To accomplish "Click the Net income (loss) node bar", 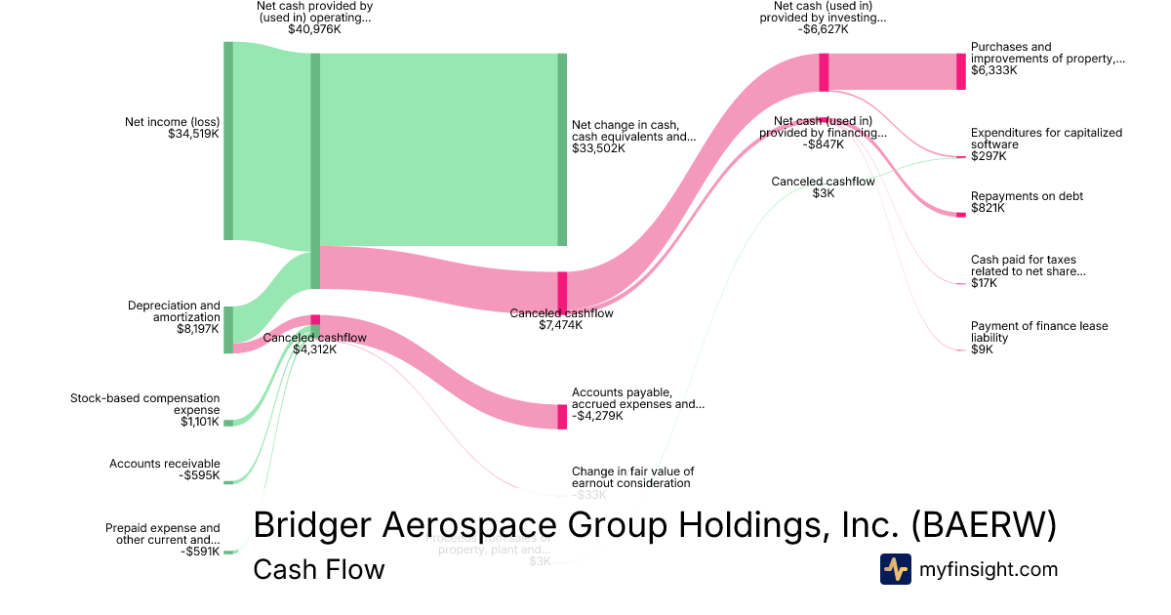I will tap(228, 141).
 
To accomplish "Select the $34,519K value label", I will tap(193, 134).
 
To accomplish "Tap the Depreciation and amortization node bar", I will tap(228, 329).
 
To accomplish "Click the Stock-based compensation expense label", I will tap(144, 404).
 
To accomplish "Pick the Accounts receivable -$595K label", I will tap(165, 470).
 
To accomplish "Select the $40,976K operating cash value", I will tap(314, 29).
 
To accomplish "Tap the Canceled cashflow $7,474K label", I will tap(561, 319).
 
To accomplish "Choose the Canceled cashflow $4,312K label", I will tap(314, 344).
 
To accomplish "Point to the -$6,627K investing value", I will tap(823, 29).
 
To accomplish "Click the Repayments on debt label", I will tap(1027, 196).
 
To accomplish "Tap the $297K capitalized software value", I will tap(988, 156).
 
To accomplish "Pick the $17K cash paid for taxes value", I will tap(984, 283).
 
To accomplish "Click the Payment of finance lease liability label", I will tap(1039, 332).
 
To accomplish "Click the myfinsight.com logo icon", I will tap(896, 569).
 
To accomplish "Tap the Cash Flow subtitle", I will tap(318, 569).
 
